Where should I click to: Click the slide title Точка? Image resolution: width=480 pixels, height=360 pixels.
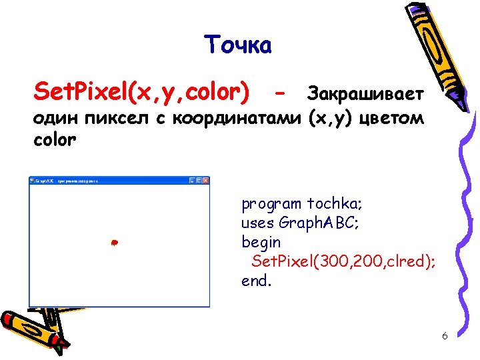point(238,45)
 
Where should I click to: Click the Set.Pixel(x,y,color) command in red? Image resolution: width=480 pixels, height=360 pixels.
point(142,91)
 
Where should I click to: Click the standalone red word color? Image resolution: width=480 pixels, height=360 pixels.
point(55,141)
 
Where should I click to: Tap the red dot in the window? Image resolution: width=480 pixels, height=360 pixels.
point(114,243)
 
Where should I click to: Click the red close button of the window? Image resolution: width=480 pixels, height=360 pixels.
point(206,180)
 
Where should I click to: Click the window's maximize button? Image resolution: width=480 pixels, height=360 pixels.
point(199,180)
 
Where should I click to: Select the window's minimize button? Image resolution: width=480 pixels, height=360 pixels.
point(192,180)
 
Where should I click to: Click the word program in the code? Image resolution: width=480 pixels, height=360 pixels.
point(271,204)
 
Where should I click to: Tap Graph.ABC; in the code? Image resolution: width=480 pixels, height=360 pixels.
point(319,223)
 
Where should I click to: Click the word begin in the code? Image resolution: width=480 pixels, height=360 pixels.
point(261,242)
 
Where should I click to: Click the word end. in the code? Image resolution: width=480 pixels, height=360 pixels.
point(257,281)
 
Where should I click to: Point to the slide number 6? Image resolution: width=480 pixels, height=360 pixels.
point(444,335)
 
